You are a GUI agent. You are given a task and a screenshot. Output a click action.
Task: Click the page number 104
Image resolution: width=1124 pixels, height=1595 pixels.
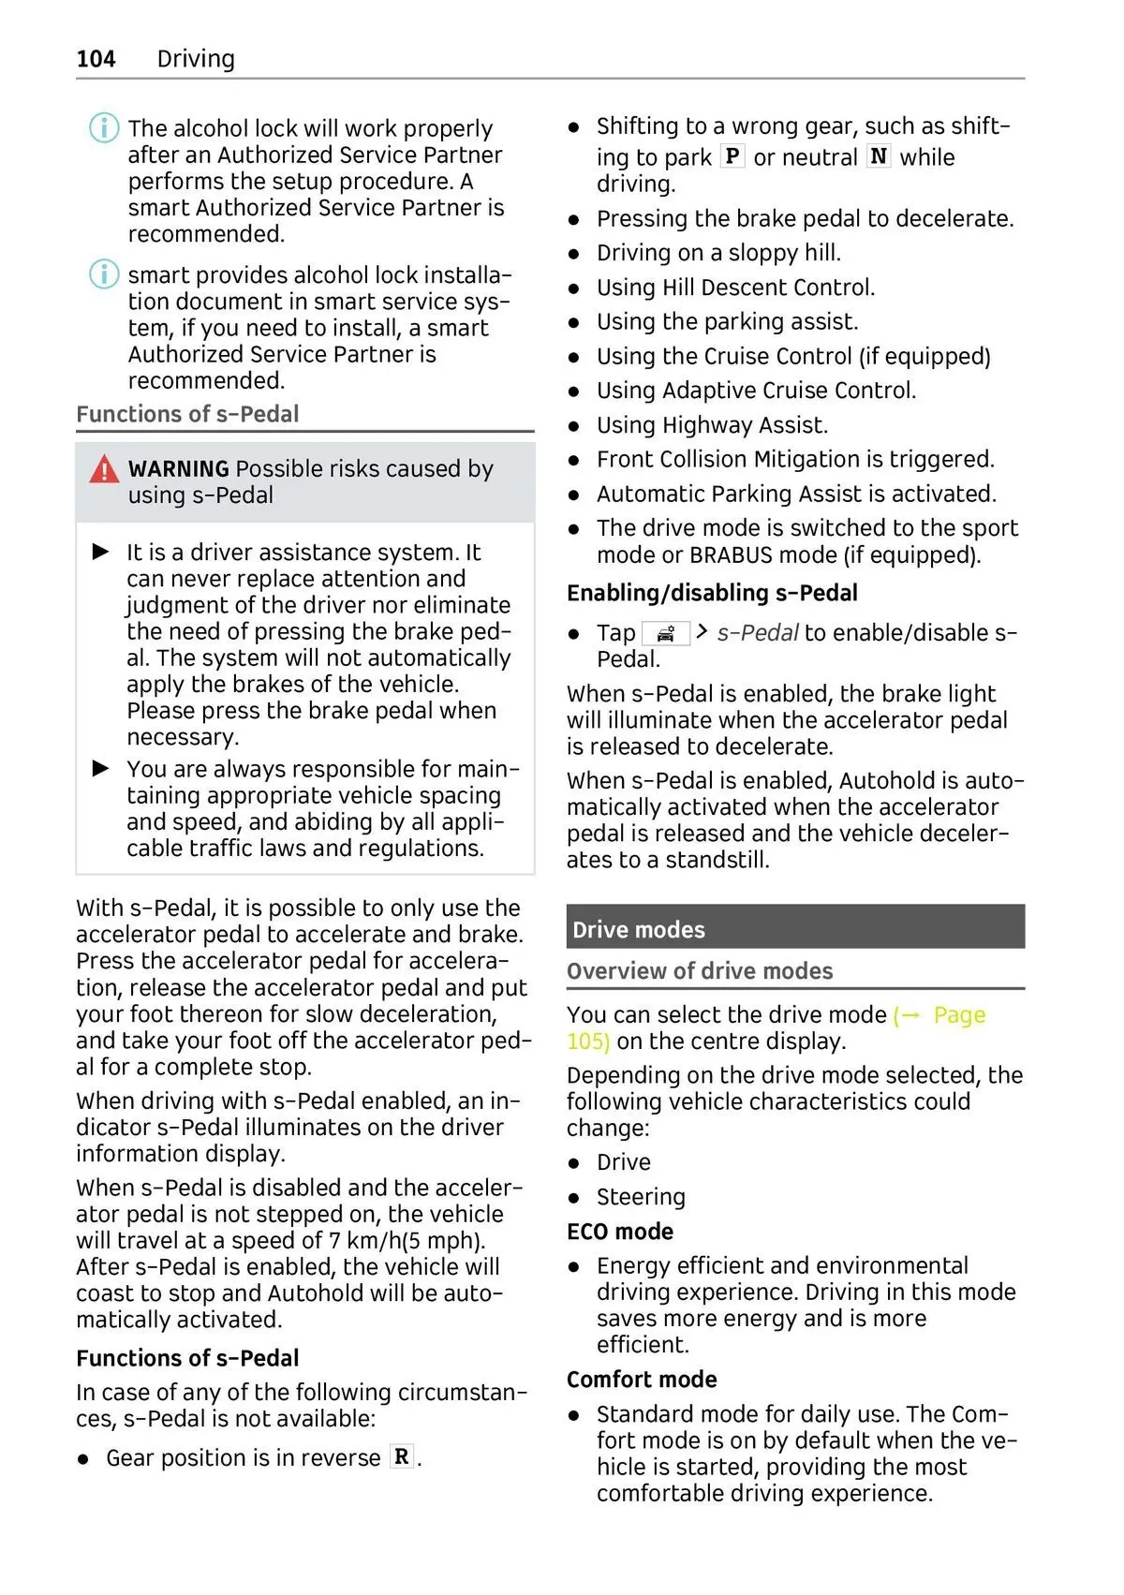96,59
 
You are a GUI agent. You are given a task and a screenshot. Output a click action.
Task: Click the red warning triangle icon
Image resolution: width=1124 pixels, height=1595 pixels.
104,469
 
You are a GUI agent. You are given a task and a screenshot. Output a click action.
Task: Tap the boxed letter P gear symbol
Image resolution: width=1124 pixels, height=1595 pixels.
732,156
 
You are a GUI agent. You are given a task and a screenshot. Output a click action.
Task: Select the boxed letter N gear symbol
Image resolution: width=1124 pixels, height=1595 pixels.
879,156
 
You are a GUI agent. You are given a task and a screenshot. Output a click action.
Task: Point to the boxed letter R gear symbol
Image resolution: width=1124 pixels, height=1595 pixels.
402,1457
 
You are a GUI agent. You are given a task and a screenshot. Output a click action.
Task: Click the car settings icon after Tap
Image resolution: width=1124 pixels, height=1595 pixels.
666,634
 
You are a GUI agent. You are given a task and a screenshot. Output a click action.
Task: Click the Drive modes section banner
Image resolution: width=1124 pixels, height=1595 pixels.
794,928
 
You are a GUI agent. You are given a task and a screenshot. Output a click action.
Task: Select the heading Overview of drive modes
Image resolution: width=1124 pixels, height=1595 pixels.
700,971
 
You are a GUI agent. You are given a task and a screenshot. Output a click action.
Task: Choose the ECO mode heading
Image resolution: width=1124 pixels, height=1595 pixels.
620,1232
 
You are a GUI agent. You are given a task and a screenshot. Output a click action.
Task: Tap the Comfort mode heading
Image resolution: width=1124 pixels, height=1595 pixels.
642,1380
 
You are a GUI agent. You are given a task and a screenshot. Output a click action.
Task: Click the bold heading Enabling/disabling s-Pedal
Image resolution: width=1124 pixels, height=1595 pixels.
712,593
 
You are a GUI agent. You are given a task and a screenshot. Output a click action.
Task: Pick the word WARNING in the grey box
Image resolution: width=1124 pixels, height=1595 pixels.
179,469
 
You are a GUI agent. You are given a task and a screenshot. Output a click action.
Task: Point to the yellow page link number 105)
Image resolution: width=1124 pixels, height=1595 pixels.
588,1041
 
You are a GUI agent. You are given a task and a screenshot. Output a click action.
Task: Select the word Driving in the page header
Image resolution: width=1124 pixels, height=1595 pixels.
196,59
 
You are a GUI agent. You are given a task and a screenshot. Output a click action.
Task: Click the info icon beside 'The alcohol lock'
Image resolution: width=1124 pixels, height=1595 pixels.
104,127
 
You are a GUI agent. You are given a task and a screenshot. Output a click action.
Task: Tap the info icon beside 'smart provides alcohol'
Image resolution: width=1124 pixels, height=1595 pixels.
104,274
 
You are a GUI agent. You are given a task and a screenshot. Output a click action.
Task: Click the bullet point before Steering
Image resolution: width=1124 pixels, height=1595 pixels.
574,1198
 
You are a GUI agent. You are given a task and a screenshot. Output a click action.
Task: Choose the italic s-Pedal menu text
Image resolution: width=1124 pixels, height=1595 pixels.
758,633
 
